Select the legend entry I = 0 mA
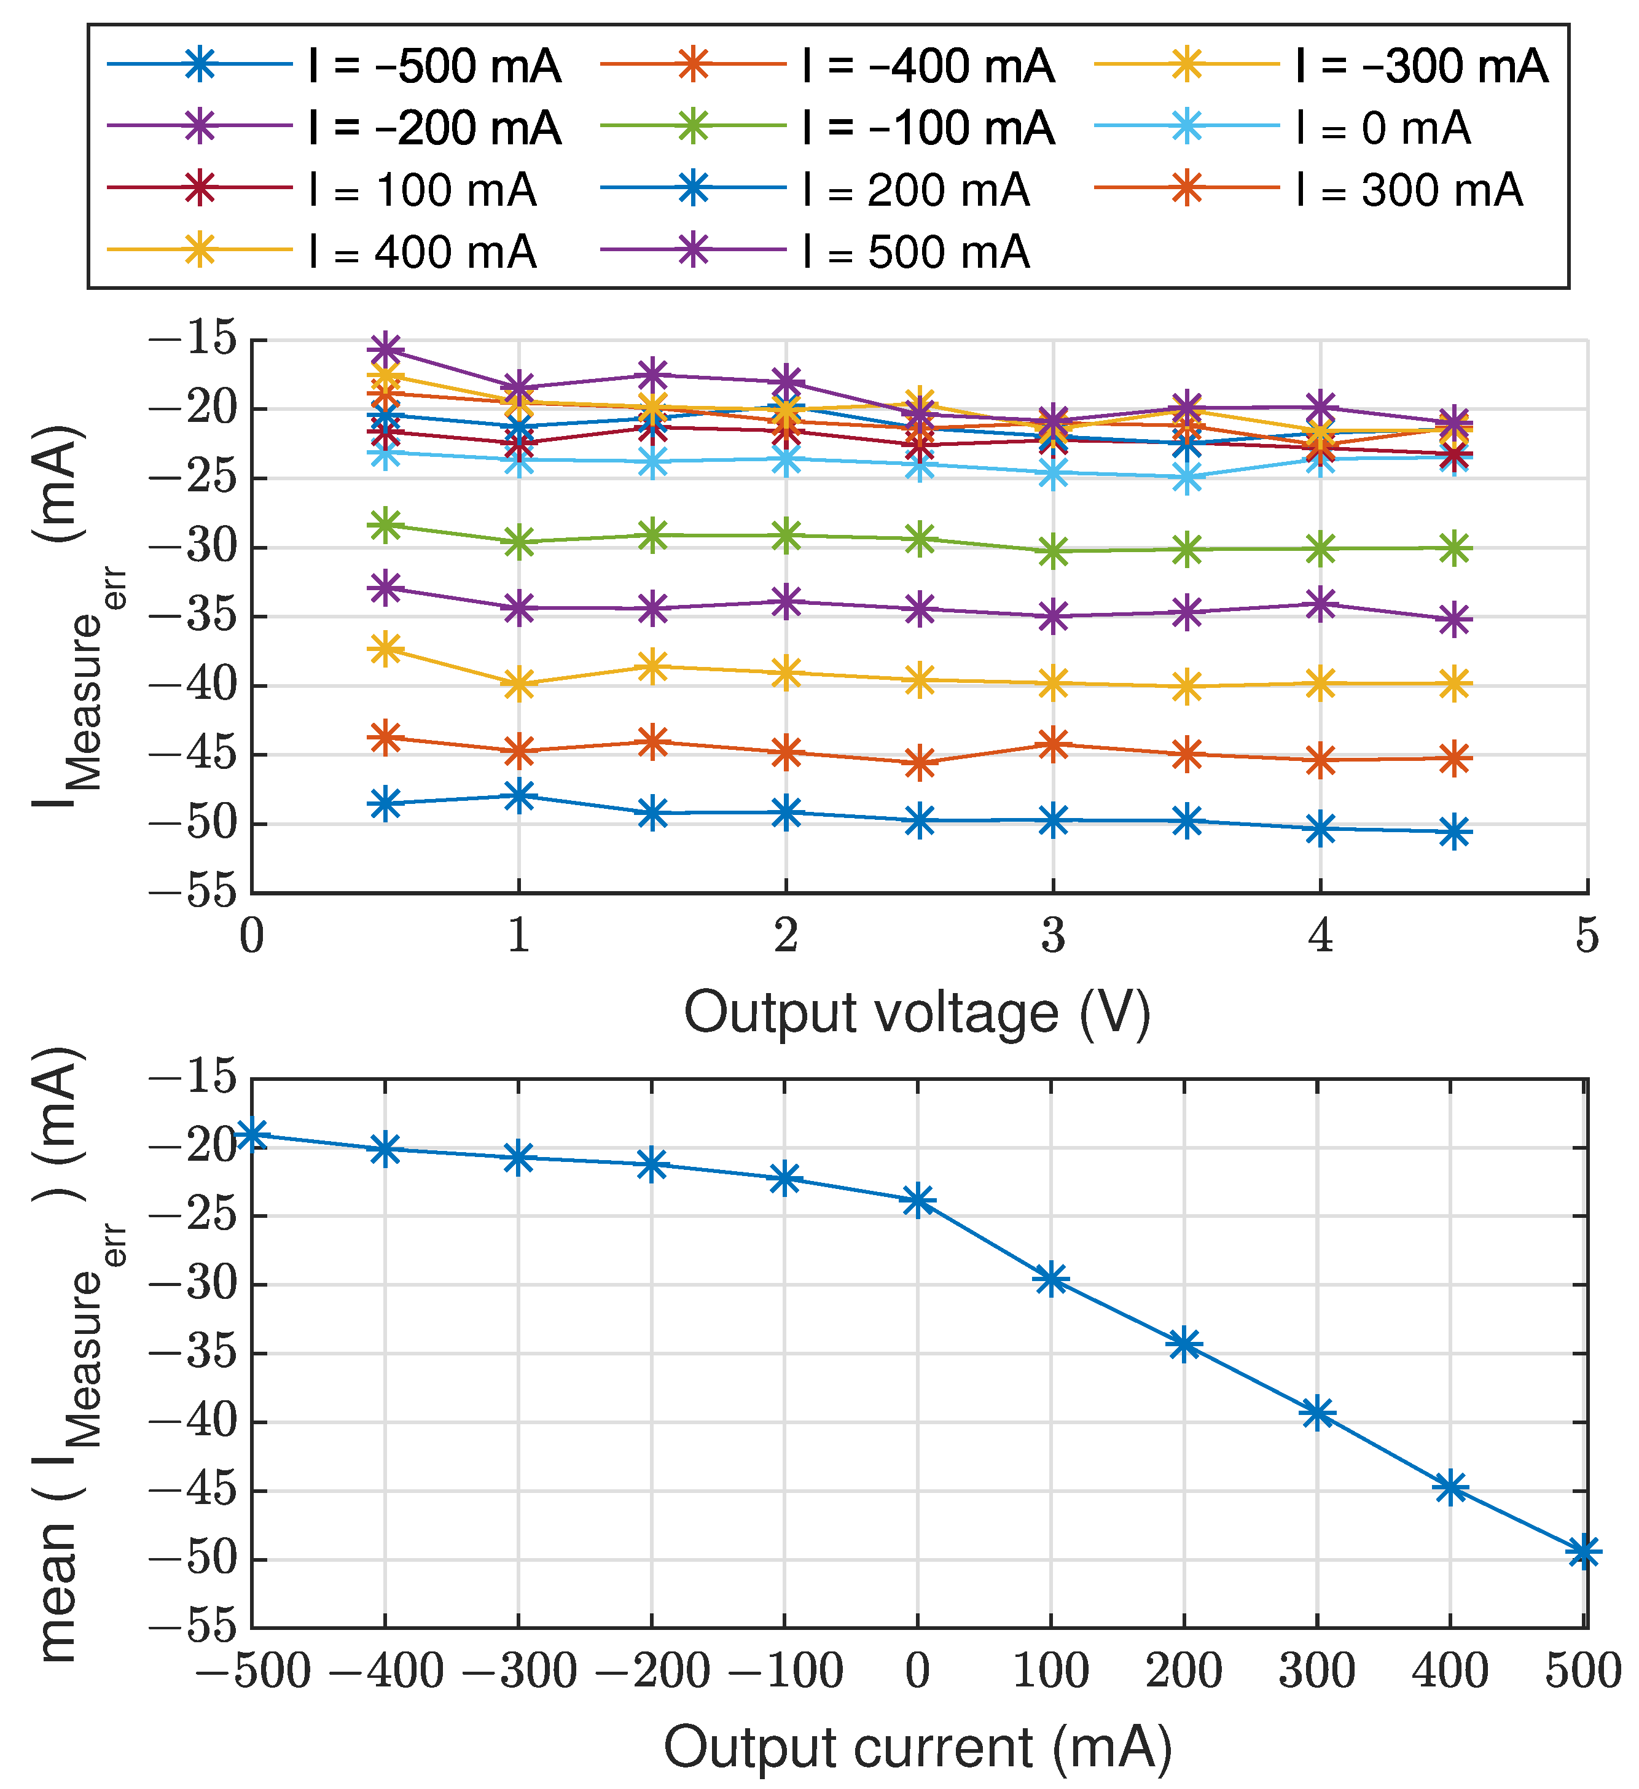(1283, 128)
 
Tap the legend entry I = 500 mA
(815, 252)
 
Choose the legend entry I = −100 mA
(828, 128)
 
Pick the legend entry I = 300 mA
(1308, 190)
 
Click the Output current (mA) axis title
(918, 1747)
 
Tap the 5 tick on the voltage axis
(1587, 935)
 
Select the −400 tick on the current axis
(385, 1672)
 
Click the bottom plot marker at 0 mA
(918, 1201)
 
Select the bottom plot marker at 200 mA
(1184, 1344)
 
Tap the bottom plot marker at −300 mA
(518, 1157)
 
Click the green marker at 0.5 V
(385, 525)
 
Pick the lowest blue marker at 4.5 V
(1453, 832)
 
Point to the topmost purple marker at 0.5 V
(385, 348)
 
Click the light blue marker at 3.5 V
(1187, 478)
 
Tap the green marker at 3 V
(1053, 551)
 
